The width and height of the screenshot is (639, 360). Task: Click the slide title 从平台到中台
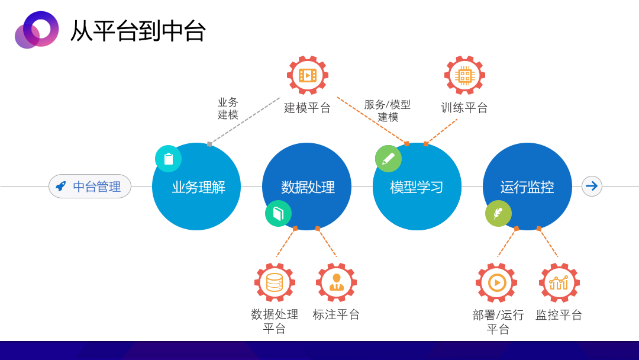point(138,31)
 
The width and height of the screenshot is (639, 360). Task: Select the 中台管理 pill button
point(90,187)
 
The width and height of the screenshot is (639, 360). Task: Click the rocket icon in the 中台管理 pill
point(61,187)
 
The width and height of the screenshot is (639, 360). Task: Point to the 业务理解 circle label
point(198,187)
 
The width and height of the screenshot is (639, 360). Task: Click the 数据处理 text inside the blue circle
point(308,187)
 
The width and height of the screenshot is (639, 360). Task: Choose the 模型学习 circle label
point(417,187)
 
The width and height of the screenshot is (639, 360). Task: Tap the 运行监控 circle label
point(527,187)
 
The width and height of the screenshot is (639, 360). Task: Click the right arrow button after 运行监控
point(592,187)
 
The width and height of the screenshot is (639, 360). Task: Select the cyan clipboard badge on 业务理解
point(168,159)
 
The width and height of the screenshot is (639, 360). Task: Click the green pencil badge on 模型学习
point(388,159)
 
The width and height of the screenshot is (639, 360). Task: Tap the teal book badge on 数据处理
point(278,214)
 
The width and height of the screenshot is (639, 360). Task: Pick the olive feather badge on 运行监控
point(498,214)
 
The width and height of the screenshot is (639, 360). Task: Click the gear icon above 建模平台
point(308,75)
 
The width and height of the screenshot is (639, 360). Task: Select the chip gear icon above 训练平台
point(464,75)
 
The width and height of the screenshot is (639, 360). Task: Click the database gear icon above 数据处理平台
point(275,282)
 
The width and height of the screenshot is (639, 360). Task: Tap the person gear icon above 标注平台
point(336,282)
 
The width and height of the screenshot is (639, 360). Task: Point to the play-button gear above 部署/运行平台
point(496,282)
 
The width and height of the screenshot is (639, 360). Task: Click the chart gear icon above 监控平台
point(559,282)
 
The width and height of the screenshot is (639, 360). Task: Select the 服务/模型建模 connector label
point(387,111)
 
